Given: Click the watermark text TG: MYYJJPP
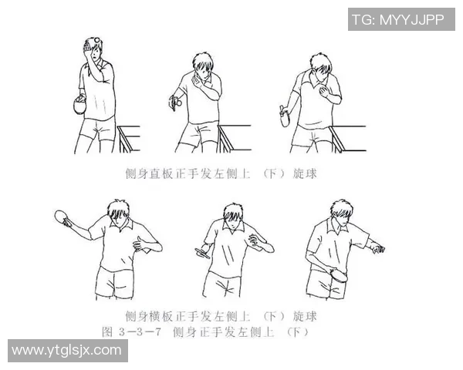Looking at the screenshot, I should pyautogui.click(x=398, y=19).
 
